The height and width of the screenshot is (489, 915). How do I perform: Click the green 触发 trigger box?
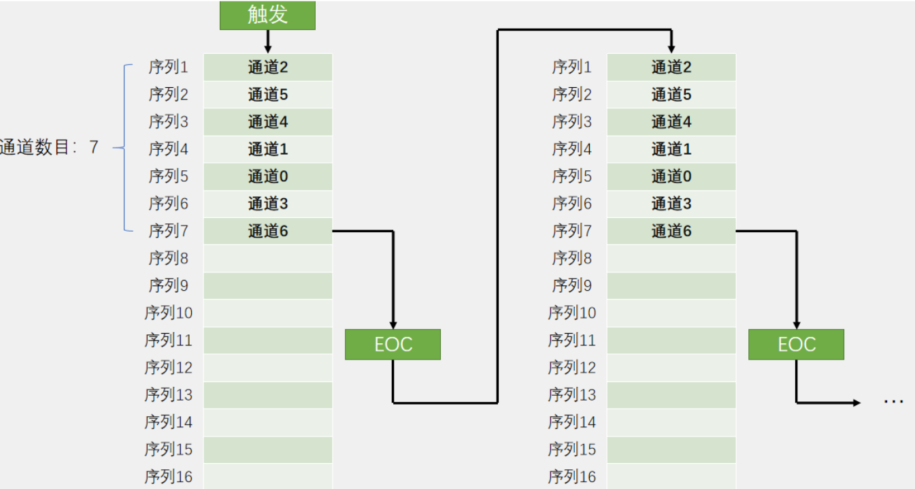267,15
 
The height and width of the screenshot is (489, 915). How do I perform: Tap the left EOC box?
393,344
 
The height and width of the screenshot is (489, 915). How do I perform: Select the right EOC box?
796,344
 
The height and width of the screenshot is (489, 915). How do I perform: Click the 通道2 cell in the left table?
268,67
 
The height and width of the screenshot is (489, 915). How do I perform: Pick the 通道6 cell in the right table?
671,231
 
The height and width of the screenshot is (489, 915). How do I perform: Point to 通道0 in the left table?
268,176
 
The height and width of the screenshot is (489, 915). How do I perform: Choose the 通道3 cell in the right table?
671,204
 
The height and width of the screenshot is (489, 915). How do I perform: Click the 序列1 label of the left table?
168,67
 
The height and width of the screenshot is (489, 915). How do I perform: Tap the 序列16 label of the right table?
572,477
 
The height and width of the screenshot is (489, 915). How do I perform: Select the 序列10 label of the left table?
168,313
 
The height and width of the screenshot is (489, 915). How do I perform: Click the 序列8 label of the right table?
572,258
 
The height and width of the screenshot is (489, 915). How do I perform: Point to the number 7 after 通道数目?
94,147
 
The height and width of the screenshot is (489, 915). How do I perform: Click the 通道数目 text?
34,147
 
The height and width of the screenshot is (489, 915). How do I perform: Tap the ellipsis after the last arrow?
893,402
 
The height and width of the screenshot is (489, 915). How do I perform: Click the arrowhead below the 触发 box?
268,49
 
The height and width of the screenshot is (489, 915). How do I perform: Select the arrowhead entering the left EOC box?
393,325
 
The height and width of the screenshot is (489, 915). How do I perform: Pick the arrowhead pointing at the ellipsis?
856,403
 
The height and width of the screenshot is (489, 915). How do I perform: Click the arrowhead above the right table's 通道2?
671,49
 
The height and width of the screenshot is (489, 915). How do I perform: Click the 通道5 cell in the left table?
268,95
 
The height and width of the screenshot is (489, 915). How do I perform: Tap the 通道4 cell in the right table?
671,122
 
